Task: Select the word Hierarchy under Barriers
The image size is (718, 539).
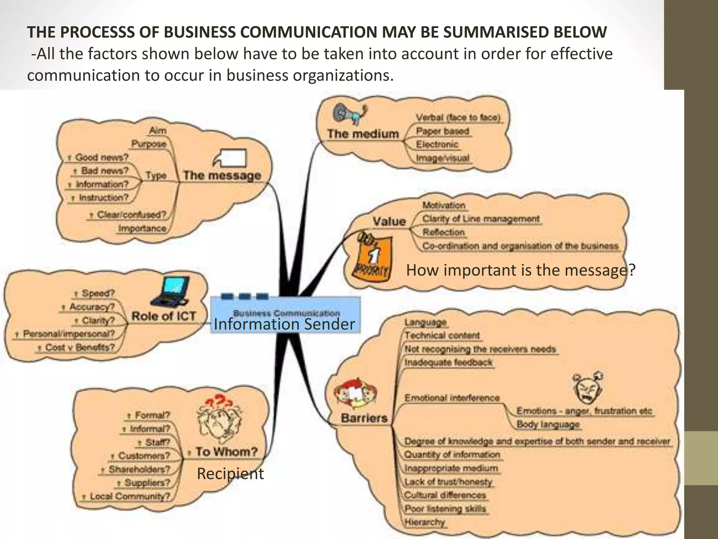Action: [425, 522]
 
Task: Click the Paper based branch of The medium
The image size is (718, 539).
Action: [442, 131]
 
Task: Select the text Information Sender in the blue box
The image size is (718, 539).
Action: [284, 324]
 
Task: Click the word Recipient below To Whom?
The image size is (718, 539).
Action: [230, 474]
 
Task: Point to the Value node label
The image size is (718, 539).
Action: [389, 221]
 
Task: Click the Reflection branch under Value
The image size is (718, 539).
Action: [443, 232]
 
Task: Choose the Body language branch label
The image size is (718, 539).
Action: [548, 424]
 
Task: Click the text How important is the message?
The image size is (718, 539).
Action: [520, 270]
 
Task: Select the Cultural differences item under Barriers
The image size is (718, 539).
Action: [445, 495]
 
